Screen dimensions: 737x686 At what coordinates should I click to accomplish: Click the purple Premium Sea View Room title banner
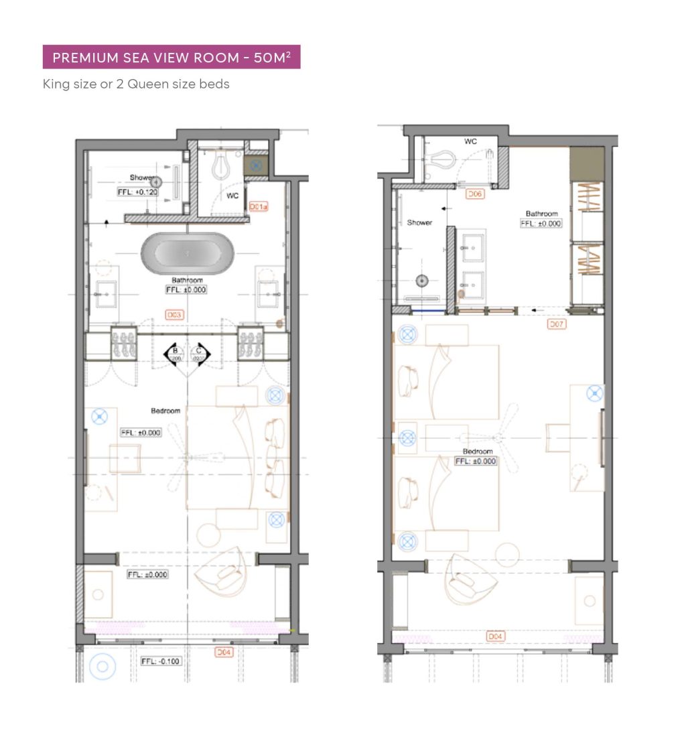pos(171,57)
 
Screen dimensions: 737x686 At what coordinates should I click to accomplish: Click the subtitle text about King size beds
pos(136,84)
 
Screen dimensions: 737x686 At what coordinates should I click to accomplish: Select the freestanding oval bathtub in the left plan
pos(186,254)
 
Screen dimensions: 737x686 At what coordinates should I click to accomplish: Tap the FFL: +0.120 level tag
pos(137,192)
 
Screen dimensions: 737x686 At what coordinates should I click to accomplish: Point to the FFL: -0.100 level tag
pos(161,661)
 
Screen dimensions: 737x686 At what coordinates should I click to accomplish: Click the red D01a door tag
pos(258,207)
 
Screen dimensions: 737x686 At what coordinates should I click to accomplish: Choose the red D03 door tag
pos(174,314)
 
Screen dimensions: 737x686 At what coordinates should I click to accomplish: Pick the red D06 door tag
pos(474,194)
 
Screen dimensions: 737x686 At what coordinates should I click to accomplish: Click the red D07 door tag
pos(557,324)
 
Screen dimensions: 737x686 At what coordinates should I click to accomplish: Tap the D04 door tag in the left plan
pos(223,651)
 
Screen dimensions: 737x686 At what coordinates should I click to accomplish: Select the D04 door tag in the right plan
pos(495,635)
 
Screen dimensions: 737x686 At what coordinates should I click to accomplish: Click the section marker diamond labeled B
pos(176,353)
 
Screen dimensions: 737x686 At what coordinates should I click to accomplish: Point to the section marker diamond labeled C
pos(199,353)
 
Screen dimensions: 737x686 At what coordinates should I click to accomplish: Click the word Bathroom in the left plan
pos(186,280)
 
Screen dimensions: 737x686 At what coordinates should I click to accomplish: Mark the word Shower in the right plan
pos(419,222)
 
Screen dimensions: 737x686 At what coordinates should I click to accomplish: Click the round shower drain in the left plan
pos(155,181)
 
